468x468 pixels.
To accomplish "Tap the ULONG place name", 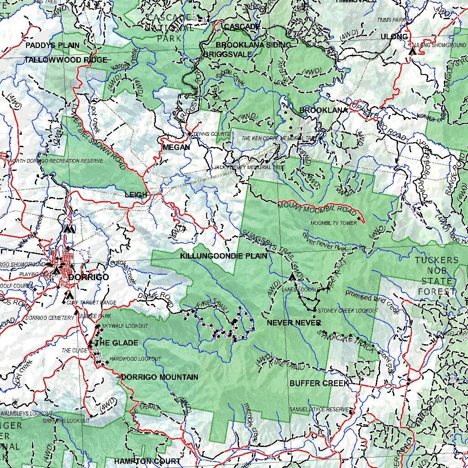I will (394, 37).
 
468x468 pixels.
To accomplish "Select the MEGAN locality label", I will (176, 147).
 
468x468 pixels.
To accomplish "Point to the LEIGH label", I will (136, 195).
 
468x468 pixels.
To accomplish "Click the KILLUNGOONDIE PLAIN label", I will (223, 256).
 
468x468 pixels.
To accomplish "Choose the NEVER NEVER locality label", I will (294, 323).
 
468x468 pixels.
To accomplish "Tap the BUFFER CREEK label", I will (319, 383).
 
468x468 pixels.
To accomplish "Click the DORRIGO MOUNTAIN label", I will (160, 377).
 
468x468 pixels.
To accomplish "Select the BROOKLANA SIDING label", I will (253, 45).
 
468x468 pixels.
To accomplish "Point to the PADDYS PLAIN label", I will (52, 45).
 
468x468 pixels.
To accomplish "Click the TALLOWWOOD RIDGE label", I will (66, 60).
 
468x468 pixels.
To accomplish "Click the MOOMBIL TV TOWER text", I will (334, 223).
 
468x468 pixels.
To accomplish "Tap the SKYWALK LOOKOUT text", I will (125, 326).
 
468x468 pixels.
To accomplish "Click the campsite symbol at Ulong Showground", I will (412, 51).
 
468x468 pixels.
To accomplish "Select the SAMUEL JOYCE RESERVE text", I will (319, 409).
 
